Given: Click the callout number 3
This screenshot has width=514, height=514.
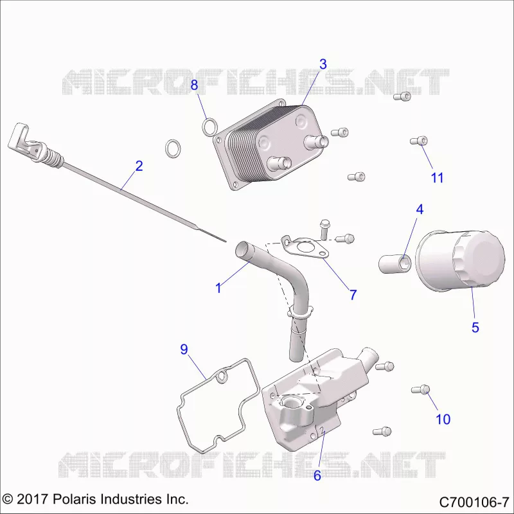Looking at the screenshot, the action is pyautogui.click(x=323, y=64).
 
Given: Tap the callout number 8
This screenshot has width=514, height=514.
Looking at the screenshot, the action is pyautogui.click(x=194, y=85).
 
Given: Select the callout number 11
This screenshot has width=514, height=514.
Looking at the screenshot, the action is pyautogui.click(x=437, y=178).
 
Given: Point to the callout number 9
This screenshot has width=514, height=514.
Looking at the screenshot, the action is pyautogui.click(x=184, y=349).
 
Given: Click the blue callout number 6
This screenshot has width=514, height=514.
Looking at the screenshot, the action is pyautogui.click(x=317, y=475).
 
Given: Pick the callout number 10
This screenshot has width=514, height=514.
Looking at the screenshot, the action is pyautogui.click(x=443, y=419).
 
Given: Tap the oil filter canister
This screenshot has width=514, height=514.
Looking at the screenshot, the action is pyautogui.click(x=460, y=261).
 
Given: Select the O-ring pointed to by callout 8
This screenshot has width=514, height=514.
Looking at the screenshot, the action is pyautogui.click(x=209, y=127).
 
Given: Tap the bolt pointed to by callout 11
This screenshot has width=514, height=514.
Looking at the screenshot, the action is pyautogui.click(x=419, y=141).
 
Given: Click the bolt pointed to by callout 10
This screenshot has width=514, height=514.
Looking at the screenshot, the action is pyautogui.click(x=420, y=389).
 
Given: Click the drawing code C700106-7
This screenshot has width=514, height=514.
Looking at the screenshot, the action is pyautogui.click(x=474, y=502).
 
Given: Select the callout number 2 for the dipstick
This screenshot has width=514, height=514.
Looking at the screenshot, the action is pyautogui.click(x=139, y=166).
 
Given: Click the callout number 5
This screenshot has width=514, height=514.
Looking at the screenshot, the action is pyautogui.click(x=475, y=327).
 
